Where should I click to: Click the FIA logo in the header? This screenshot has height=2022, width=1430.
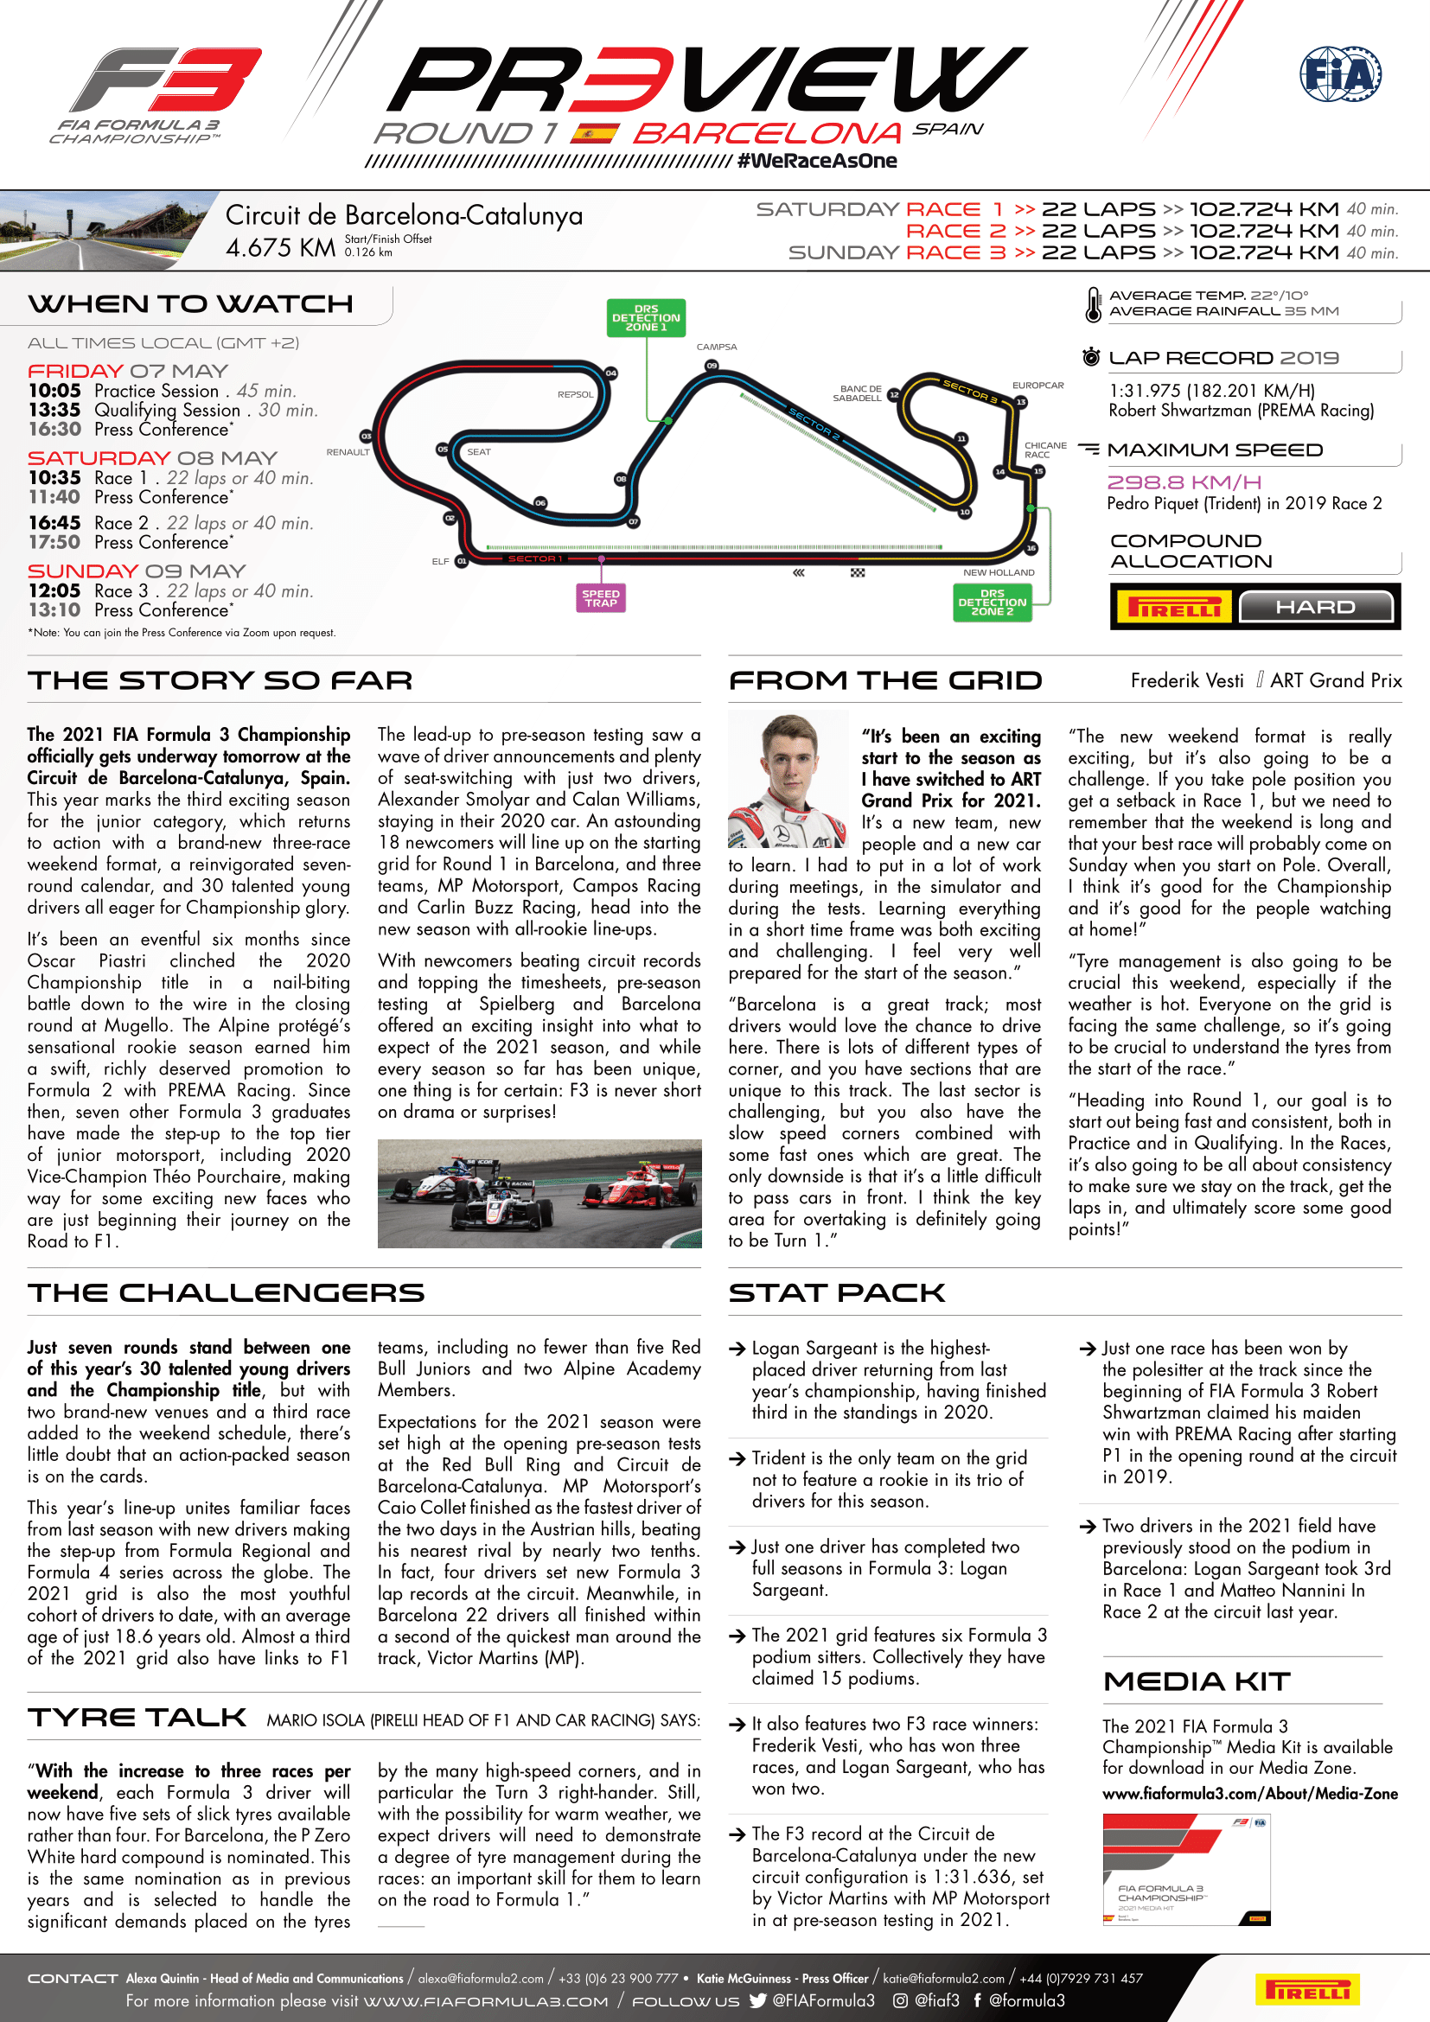pos(1340,74)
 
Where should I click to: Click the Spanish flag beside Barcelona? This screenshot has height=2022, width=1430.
pos(594,134)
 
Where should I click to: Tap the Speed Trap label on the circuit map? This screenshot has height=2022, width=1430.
pos(601,599)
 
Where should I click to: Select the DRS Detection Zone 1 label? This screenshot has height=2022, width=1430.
pos(646,318)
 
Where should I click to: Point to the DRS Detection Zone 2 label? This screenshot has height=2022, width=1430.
pos(993,603)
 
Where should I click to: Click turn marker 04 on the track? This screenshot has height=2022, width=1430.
pos(611,373)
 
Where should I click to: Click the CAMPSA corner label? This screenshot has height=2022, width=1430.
pos(716,347)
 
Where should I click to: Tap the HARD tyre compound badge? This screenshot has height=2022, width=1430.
pos(1316,607)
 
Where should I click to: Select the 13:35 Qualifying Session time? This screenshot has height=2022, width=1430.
pos(54,411)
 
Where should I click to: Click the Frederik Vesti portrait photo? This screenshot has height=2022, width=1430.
pos(788,780)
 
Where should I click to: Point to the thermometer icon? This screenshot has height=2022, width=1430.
pos(1093,304)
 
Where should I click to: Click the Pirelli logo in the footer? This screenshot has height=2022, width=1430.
pos(1306,1989)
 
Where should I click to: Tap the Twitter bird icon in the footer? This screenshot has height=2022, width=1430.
pos(757,2000)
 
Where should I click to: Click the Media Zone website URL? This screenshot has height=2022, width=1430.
pos(1249,1794)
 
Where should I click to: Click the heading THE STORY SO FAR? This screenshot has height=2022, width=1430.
pos(220,680)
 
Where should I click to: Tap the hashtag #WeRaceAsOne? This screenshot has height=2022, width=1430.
pos(817,161)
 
